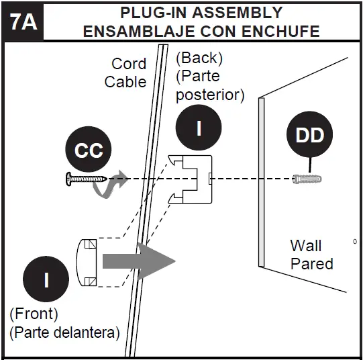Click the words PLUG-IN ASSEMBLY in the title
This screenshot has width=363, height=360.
(x=201, y=13)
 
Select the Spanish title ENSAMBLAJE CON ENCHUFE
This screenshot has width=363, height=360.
(x=201, y=31)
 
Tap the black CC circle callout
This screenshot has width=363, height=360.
(x=89, y=150)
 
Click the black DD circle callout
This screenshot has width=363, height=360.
(x=310, y=135)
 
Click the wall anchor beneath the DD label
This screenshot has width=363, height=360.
(x=308, y=179)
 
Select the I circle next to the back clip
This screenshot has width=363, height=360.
(x=199, y=127)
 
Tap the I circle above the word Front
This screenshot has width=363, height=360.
(x=46, y=279)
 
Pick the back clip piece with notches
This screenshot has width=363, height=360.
(x=191, y=179)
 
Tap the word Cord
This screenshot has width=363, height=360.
(x=128, y=64)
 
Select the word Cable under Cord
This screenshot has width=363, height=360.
(x=125, y=82)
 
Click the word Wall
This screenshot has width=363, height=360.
(x=306, y=245)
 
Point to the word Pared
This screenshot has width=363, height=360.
(x=311, y=263)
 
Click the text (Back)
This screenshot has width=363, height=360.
(x=200, y=58)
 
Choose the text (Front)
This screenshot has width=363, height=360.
(x=34, y=314)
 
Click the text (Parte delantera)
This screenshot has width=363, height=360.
(x=64, y=332)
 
